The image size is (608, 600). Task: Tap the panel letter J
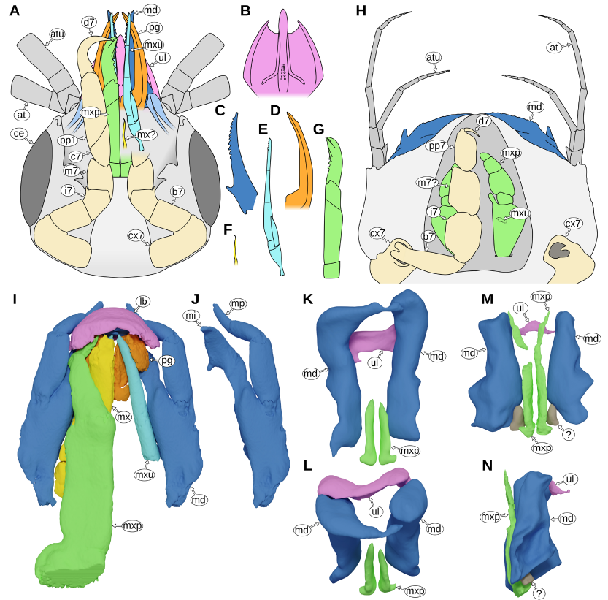coord(194,299)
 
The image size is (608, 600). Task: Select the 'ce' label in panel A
coord(19,133)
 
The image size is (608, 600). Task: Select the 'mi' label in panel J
coord(193,315)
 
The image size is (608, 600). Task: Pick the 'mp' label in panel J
coord(238,303)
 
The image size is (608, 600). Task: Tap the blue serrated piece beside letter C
coord(242,164)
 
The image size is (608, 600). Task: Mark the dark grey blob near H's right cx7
coord(560,250)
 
